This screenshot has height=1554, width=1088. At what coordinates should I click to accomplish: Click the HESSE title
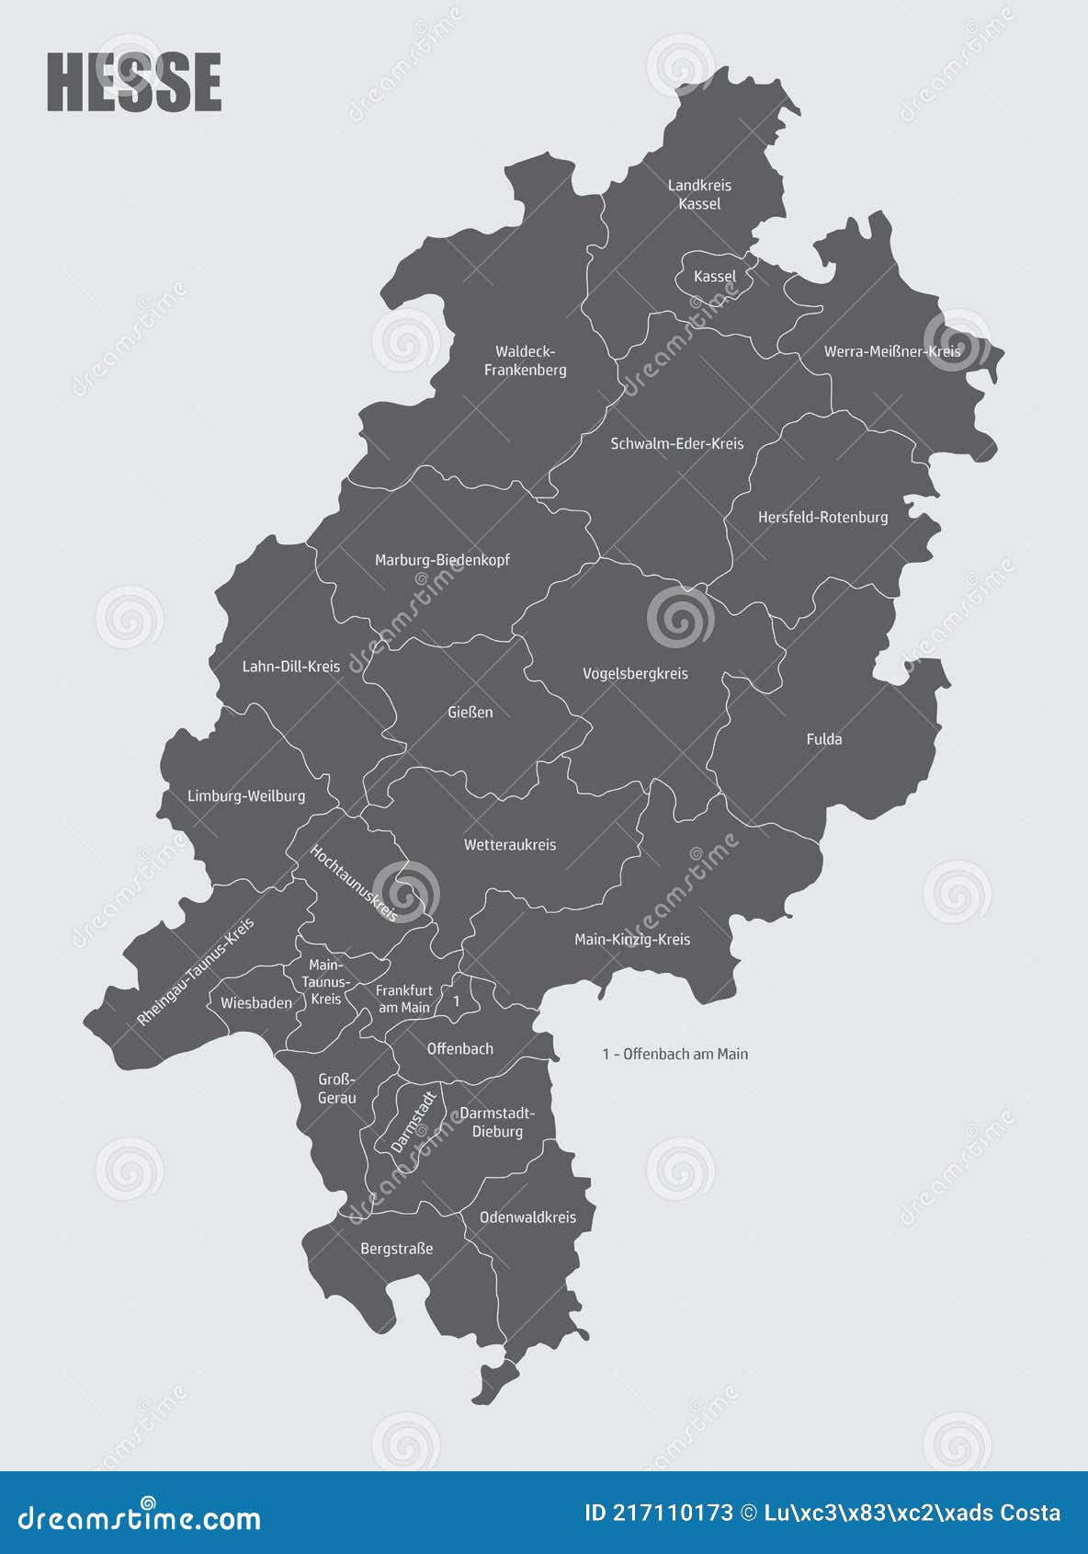pos(134,83)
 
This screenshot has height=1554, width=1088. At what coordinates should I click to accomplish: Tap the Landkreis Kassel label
pos(699,195)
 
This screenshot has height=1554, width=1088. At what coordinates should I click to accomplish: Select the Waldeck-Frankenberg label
pos(526,360)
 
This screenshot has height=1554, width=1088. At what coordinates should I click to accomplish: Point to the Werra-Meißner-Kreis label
pos(891,351)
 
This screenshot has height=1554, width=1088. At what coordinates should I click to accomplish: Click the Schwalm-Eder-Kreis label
pos(677,443)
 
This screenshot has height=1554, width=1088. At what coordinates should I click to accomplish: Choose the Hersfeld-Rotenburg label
pos(822,517)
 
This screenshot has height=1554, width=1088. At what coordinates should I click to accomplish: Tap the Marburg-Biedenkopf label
pos(442,559)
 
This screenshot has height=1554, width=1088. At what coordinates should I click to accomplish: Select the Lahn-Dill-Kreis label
pos(290,666)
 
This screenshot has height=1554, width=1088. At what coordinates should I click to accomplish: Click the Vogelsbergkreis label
pos(635,673)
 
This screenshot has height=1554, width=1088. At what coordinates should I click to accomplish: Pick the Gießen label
pos(470,712)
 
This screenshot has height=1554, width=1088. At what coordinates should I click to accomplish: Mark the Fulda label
pos(823,738)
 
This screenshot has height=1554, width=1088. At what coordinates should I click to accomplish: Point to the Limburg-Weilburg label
pos(246,795)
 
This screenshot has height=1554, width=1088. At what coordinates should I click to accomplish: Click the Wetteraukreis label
pos(510,844)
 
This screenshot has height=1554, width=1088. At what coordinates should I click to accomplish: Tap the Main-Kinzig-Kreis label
pos(632,939)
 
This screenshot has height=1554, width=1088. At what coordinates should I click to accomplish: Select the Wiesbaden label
pos(256,1002)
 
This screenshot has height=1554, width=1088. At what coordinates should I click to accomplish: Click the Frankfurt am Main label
pos(404,999)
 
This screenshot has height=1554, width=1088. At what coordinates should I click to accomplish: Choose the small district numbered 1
pos(457,1000)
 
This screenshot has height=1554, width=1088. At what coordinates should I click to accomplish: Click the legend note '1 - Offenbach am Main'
pos(675,1054)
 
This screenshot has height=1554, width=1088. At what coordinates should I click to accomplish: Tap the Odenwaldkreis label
pos(527,1217)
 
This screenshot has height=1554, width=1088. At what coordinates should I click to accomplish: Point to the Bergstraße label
pos(396,1248)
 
